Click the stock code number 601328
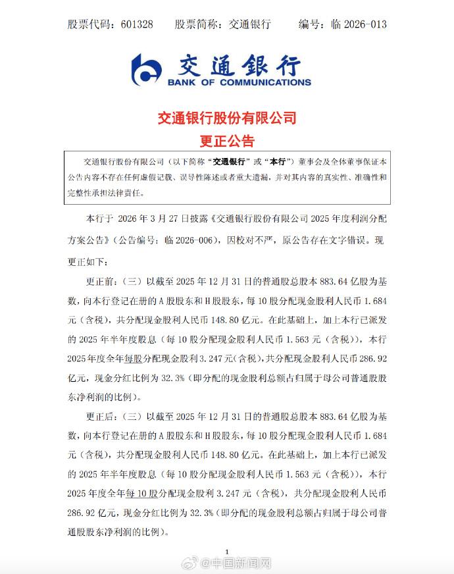[137, 24]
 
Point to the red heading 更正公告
[226, 141]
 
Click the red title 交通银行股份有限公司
[226, 118]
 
